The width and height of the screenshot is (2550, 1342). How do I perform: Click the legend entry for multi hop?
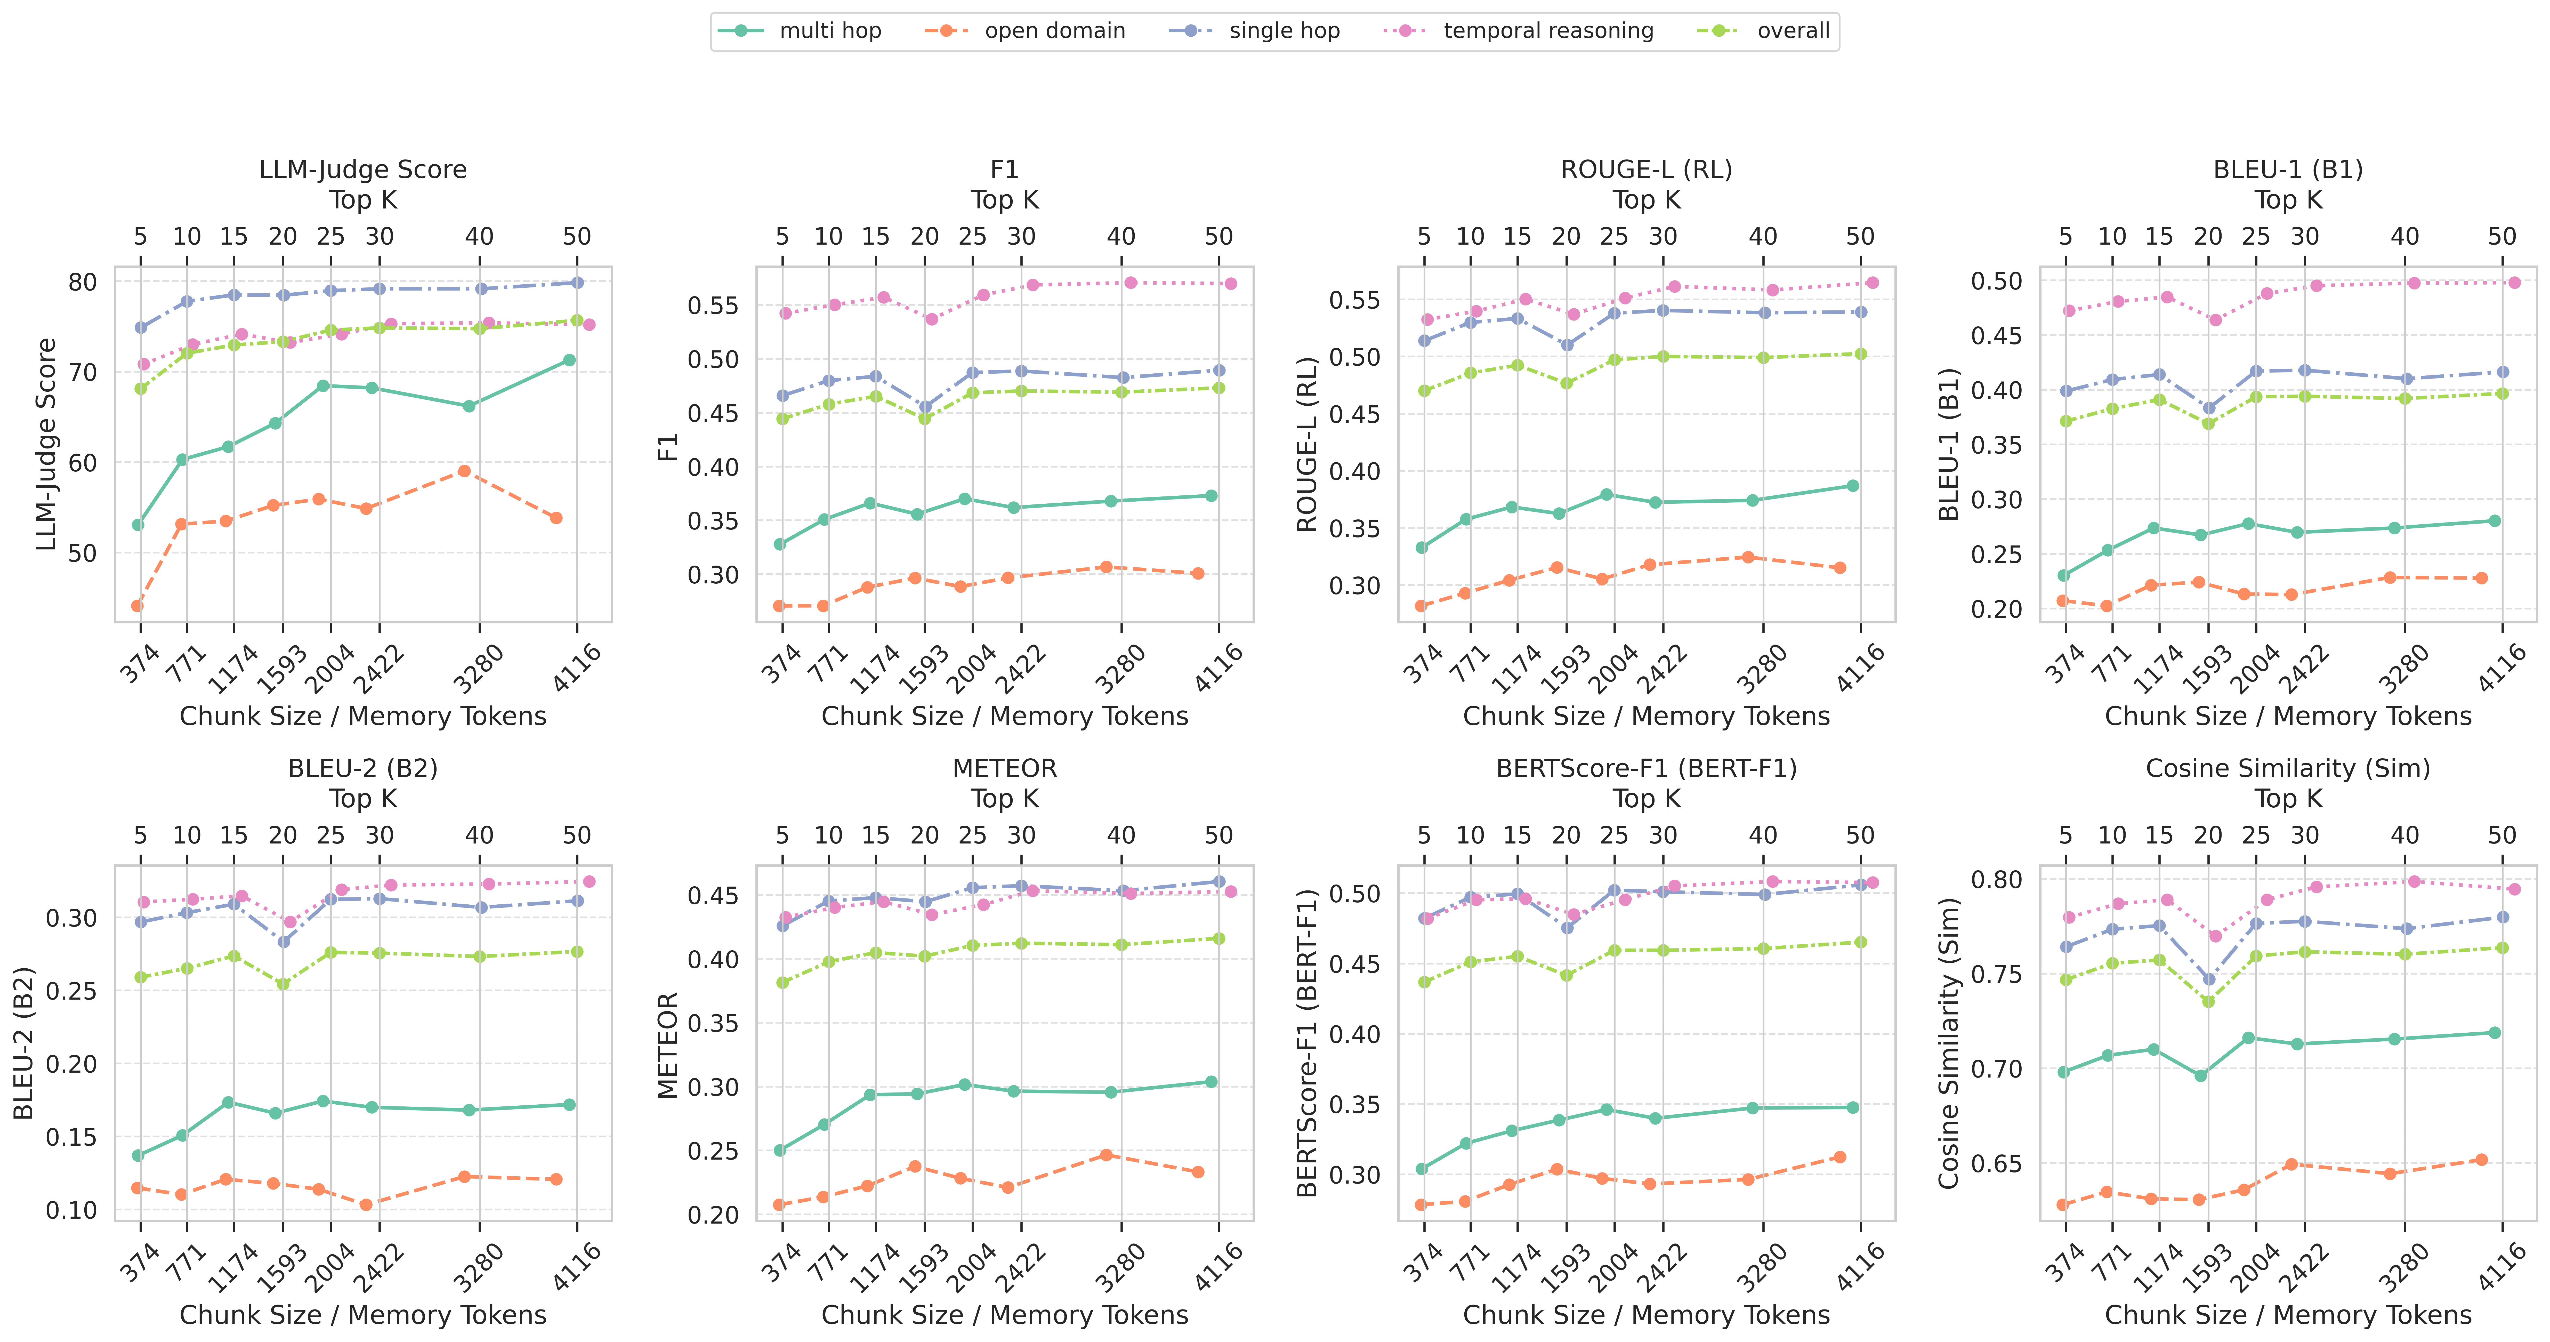[x=829, y=31]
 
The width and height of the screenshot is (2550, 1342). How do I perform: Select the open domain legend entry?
[x=1054, y=31]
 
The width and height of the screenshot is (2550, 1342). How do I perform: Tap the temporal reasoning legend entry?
[x=1548, y=31]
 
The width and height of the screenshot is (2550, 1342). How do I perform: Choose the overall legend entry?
[x=1793, y=31]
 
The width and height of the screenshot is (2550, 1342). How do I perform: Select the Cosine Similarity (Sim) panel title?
[x=2288, y=768]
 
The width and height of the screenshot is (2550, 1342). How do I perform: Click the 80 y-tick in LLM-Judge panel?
[x=83, y=282]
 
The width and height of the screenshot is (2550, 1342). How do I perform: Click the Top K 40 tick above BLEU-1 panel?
[x=2404, y=237]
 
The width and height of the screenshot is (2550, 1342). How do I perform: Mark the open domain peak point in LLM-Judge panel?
[x=464, y=471]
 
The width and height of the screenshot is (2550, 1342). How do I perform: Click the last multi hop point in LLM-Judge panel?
[x=569, y=360]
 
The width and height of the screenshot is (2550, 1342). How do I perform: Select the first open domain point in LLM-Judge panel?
[x=137, y=606]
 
